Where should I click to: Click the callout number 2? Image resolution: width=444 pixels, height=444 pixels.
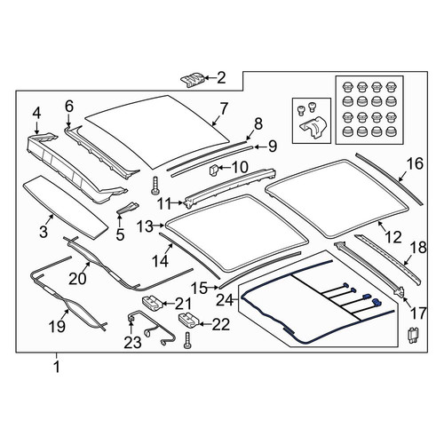point(221,78)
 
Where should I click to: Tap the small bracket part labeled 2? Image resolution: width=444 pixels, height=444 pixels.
point(193,79)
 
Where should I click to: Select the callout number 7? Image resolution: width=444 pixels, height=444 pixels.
point(224,108)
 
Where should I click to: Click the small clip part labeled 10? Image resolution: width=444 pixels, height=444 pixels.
point(213,170)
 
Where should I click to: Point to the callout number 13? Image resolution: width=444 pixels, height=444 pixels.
point(145,227)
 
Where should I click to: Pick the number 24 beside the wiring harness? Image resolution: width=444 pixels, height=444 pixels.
point(225,301)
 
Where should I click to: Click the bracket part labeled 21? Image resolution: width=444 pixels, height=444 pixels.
point(153,304)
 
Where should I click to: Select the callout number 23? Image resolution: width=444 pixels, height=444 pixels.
point(132,343)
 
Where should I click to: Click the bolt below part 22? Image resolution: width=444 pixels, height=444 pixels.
point(186,340)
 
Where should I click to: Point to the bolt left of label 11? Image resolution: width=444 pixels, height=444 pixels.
point(155,186)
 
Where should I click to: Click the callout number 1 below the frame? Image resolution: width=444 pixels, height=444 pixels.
point(57,367)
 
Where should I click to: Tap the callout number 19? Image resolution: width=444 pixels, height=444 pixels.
point(57,327)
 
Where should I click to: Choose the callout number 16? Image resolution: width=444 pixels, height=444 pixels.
point(415,163)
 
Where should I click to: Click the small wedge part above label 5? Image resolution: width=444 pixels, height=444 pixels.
point(128,208)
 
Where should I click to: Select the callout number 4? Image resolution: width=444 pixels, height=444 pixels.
point(36,113)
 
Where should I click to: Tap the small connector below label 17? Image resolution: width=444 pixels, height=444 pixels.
point(412,335)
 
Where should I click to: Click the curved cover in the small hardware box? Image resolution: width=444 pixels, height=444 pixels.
point(313,127)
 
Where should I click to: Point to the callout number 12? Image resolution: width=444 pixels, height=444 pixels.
point(393,237)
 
